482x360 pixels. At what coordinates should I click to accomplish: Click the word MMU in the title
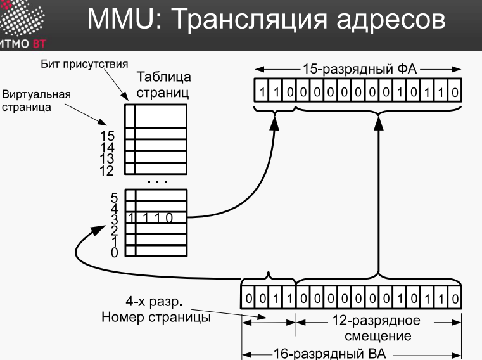click(125, 19)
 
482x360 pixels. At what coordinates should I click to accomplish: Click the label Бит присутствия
click(84, 64)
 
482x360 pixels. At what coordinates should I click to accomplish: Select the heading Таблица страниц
click(163, 85)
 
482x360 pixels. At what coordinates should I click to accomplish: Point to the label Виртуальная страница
click(36, 101)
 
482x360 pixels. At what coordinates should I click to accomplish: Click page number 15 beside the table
click(107, 136)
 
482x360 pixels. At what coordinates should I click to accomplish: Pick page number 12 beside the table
click(106, 170)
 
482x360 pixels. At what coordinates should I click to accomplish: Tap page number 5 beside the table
click(114, 198)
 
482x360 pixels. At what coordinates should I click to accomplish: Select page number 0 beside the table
click(115, 252)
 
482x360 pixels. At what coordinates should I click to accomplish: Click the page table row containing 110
click(156, 218)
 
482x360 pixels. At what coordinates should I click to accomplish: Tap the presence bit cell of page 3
click(130, 218)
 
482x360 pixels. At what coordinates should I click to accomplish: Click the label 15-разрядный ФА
click(360, 69)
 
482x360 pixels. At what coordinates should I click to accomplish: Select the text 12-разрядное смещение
click(377, 328)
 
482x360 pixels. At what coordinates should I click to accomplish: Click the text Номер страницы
click(156, 317)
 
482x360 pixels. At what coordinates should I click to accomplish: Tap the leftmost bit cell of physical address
click(262, 91)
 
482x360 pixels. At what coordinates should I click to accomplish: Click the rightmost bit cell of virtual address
click(455, 298)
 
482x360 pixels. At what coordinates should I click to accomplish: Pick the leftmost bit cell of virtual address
click(248, 298)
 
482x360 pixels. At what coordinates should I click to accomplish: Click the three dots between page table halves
click(158, 182)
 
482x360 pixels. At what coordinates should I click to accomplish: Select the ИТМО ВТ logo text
click(23, 44)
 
